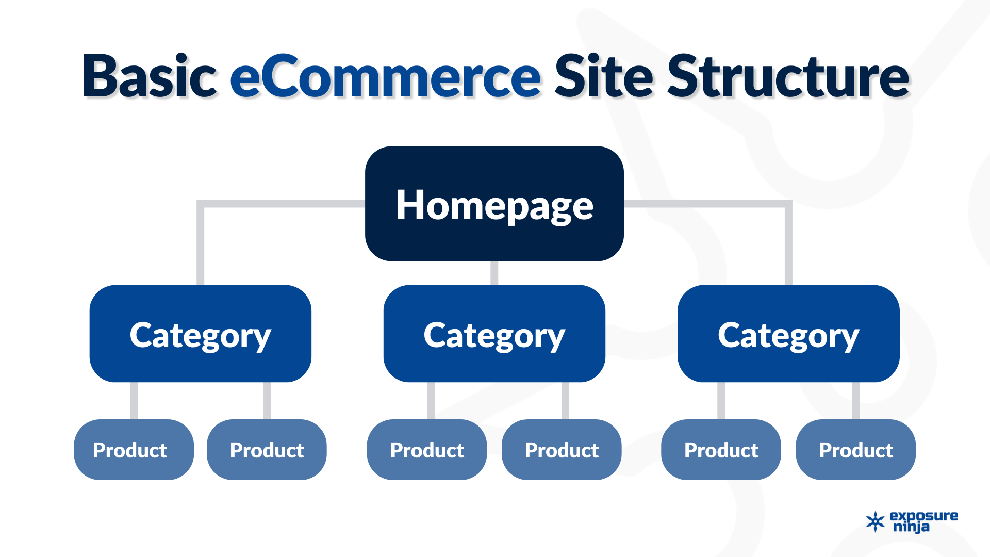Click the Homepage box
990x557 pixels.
tap(494, 204)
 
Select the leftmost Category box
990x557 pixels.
tap(200, 334)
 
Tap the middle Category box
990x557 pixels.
tap(494, 334)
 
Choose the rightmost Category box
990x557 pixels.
tap(788, 334)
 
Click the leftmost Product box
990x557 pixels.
tap(134, 450)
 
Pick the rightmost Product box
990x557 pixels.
tap(855, 450)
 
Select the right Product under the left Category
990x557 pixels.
tap(267, 450)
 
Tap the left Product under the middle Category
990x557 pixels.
tap(427, 450)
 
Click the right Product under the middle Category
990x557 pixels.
tap(562, 450)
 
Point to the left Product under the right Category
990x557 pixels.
tap(721, 450)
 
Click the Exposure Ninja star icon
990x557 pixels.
tap(875, 521)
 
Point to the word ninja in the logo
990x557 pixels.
tap(911, 527)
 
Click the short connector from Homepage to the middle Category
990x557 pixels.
tap(494, 273)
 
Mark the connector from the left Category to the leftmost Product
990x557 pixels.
tap(134, 401)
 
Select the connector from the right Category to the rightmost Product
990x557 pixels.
tap(855, 401)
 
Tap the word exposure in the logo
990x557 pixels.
tap(923, 516)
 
